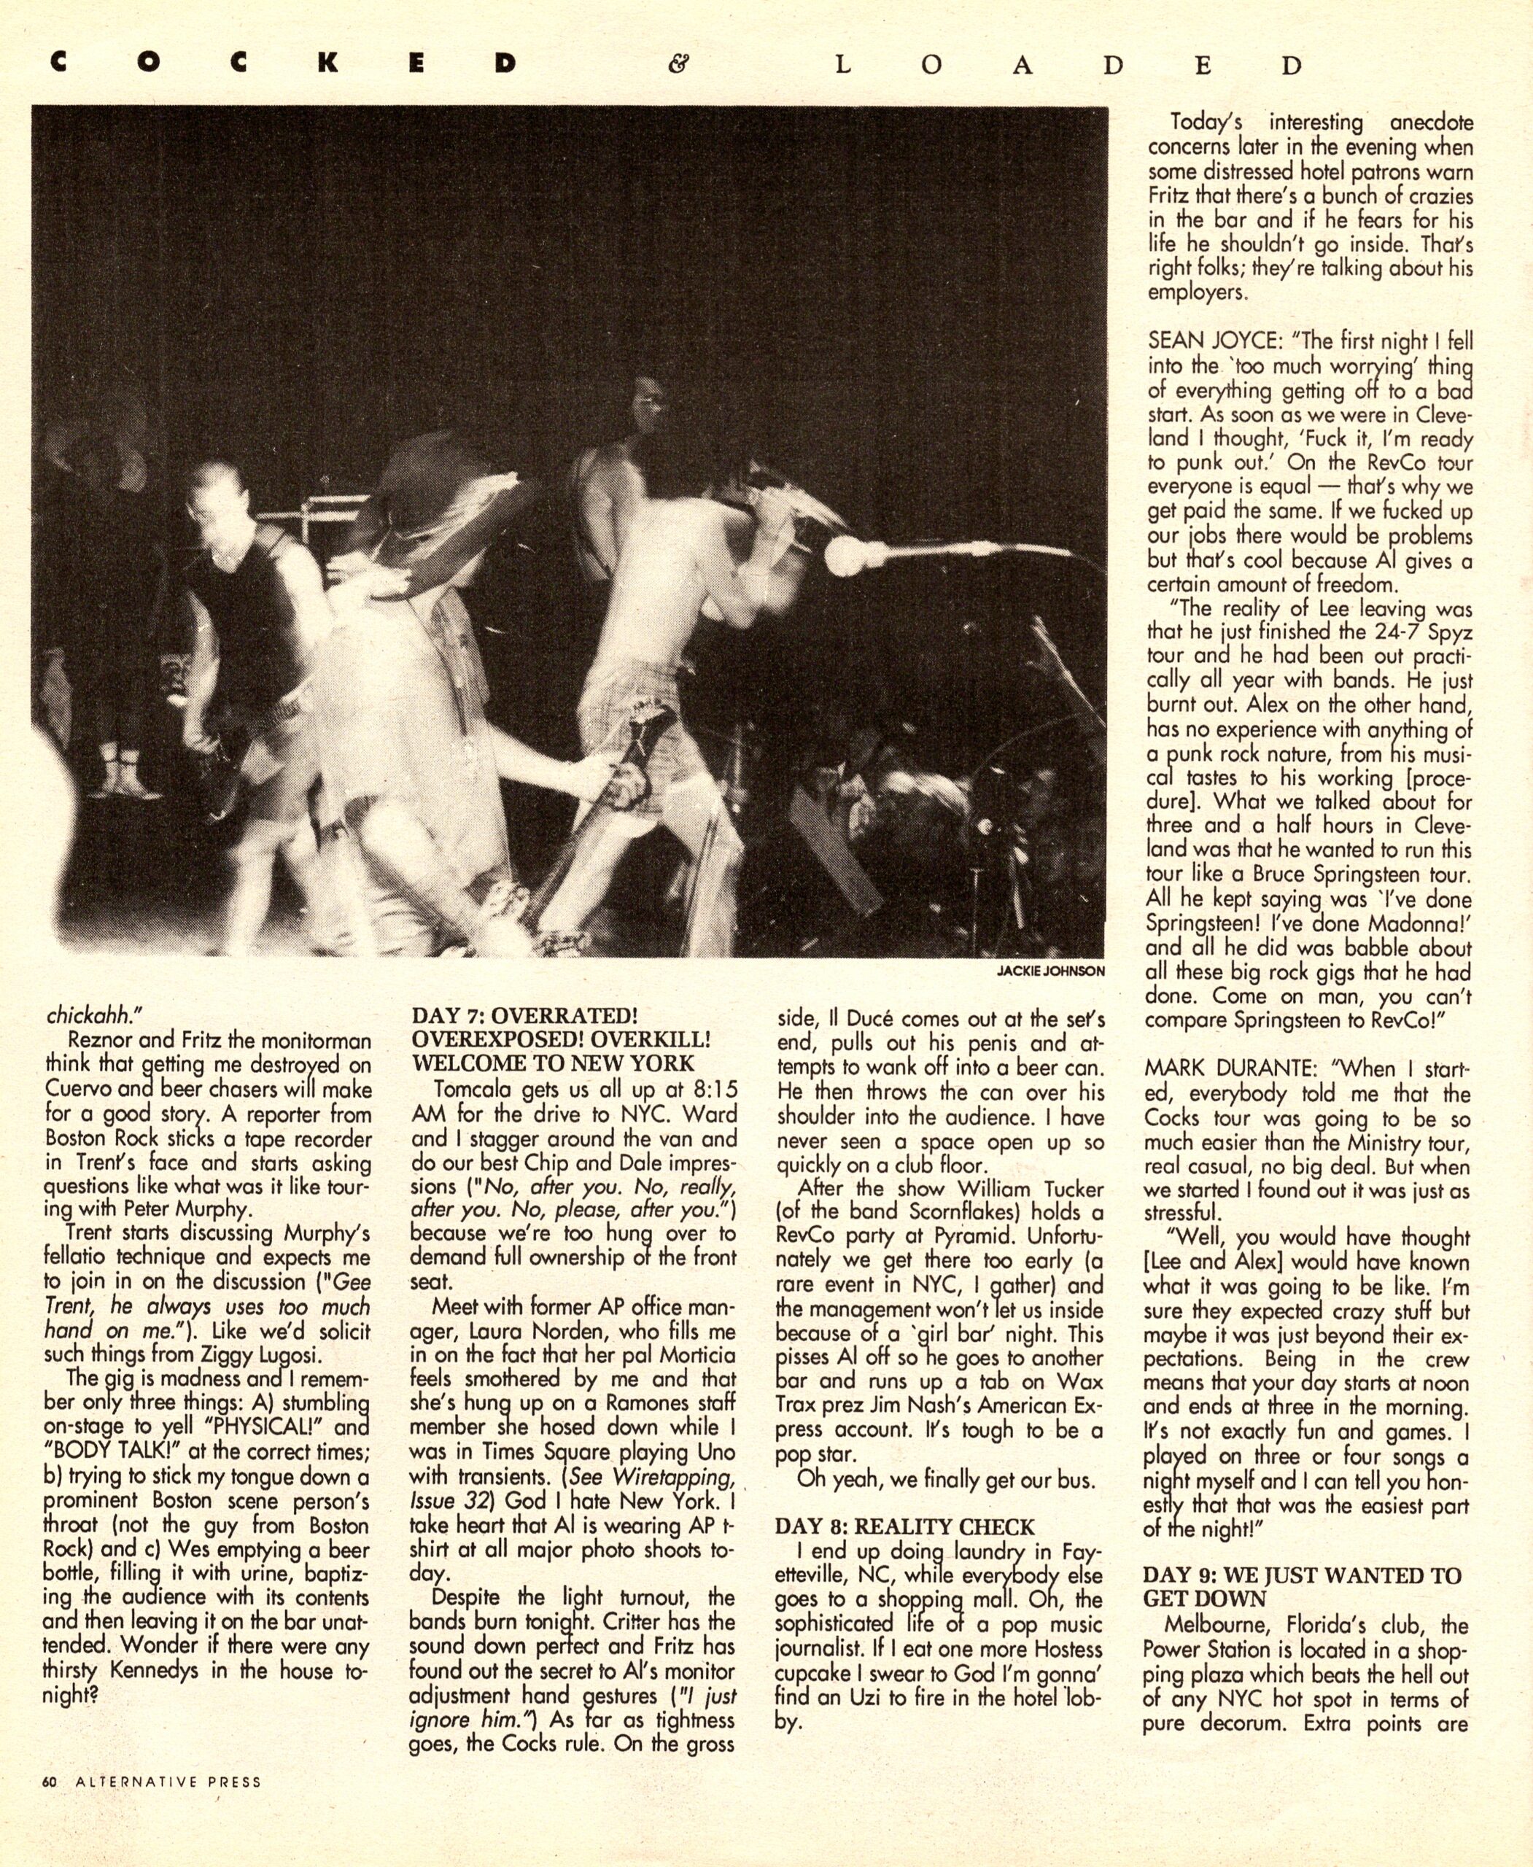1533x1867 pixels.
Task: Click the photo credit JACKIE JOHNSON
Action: click(x=1050, y=971)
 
